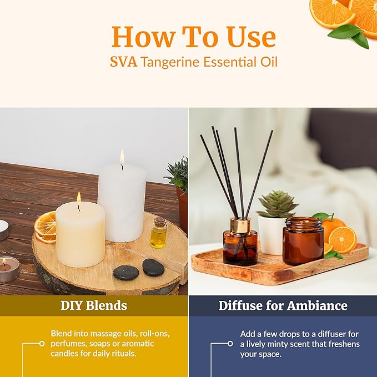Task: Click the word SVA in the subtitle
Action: pyautogui.click(x=123, y=62)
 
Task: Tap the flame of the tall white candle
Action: pyautogui.click(x=122, y=157)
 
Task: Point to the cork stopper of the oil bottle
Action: pyautogui.click(x=159, y=221)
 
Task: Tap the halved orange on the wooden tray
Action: pyautogui.click(x=343, y=239)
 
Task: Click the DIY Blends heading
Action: pyautogui.click(x=94, y=305)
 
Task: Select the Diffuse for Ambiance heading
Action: pyautogui.click(x=283, y=305)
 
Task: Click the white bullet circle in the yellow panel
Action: pyautogui.click(x=42, y=344)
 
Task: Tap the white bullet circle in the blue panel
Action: pyautogui.click(x=230, y=344)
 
